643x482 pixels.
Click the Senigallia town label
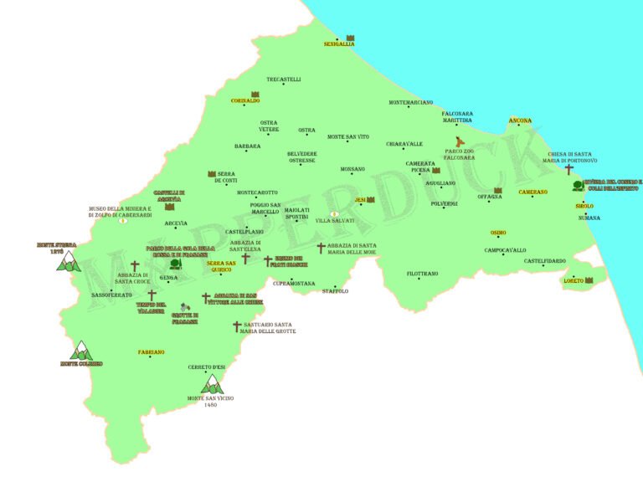pyautogui.click(x=337, y=45)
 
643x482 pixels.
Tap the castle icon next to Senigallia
pyautogui.click(x=351, y=38)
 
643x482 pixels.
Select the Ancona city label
pyautogui.click(x=520, y=120)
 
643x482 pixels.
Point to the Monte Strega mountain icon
pyautogui.click(x=67, y=263)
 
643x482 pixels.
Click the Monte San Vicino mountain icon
pyautogui.click(x=213, y=384)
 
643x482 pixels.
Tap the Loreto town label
pyautogui.click(x=574, y=281)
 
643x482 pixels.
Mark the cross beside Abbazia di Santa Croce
pyautogui.click(x=135, y=266)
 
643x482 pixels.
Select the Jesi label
pyautogui.click(x=360, y=200)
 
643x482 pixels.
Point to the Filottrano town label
pyautogui.click(x=423, y=274)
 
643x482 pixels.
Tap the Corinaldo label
pyautogui.click(x=245, y=100)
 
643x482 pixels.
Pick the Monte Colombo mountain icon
pyautogui.click(x=81, y=350)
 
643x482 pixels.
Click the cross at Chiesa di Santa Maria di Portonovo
pyautogui.click(x=569, y=169)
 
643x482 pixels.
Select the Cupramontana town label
pyautogui.click(x=294, y=284)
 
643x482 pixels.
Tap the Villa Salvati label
pyautogui.click(x=335, y=221)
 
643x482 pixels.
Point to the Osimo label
pyautogui.click(x=498, y=233)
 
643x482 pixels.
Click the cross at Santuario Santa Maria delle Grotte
pyautogui.click(x=237, y=326)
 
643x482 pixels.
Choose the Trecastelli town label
pyautogui.click(x=284, y=79)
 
